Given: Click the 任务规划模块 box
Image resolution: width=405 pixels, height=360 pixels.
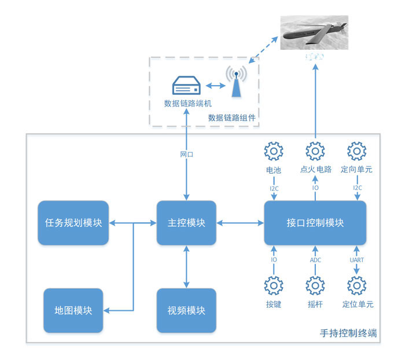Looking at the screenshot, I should (x=73, y=223).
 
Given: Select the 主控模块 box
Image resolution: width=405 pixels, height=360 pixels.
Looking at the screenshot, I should (x=186, y=223).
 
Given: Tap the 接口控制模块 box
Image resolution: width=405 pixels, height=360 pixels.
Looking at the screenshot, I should (x=315, y=223).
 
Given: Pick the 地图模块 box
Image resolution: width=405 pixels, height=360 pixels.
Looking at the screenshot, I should (x=73, y=310).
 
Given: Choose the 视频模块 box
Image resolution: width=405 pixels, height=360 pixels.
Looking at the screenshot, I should (x=186, y=310).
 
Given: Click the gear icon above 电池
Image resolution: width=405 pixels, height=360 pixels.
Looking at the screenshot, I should (x=273, y=152).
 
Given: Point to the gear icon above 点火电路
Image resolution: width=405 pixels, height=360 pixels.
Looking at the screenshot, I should (x=315, y=152).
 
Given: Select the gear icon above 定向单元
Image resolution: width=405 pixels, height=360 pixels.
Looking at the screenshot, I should (x=356, y=152).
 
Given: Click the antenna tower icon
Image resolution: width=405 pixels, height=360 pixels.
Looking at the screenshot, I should (x=235, y=82).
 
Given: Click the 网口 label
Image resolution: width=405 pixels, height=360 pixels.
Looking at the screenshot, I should (x=186, y=155).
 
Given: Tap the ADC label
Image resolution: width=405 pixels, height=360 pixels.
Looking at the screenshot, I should (x=315, y=260).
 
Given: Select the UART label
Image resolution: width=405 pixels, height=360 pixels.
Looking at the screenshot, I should (x=356, y=260).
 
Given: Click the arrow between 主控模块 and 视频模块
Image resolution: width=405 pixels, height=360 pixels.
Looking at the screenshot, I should (x=186, y=266).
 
